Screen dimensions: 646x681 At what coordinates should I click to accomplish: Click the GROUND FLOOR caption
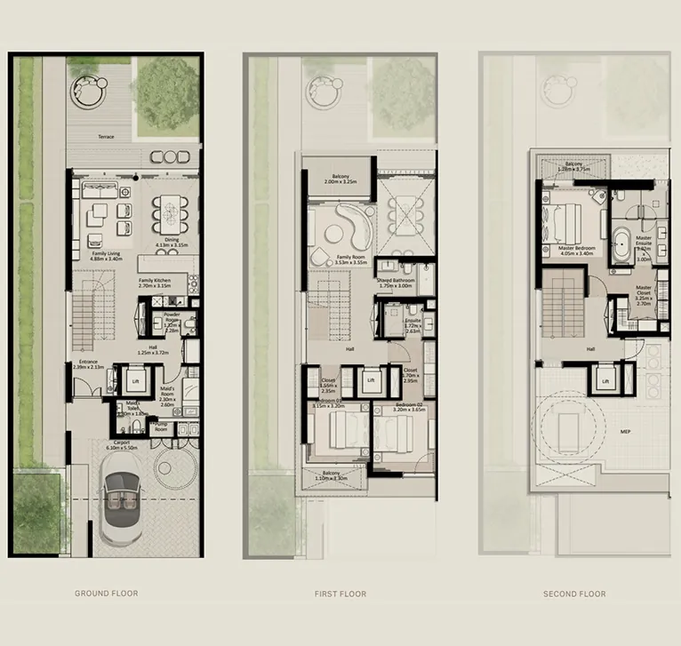point(106,594)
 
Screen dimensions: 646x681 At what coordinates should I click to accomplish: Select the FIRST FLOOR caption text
point(340,594)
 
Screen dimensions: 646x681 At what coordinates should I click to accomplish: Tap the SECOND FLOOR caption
point(574,594)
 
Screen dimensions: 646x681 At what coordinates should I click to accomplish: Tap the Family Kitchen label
point(155,283)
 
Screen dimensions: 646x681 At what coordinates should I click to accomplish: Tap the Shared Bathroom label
point(396,283)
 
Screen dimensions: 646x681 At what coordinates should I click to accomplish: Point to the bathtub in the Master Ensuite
point(621,243)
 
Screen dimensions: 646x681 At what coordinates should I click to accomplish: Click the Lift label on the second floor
point(605,381)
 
